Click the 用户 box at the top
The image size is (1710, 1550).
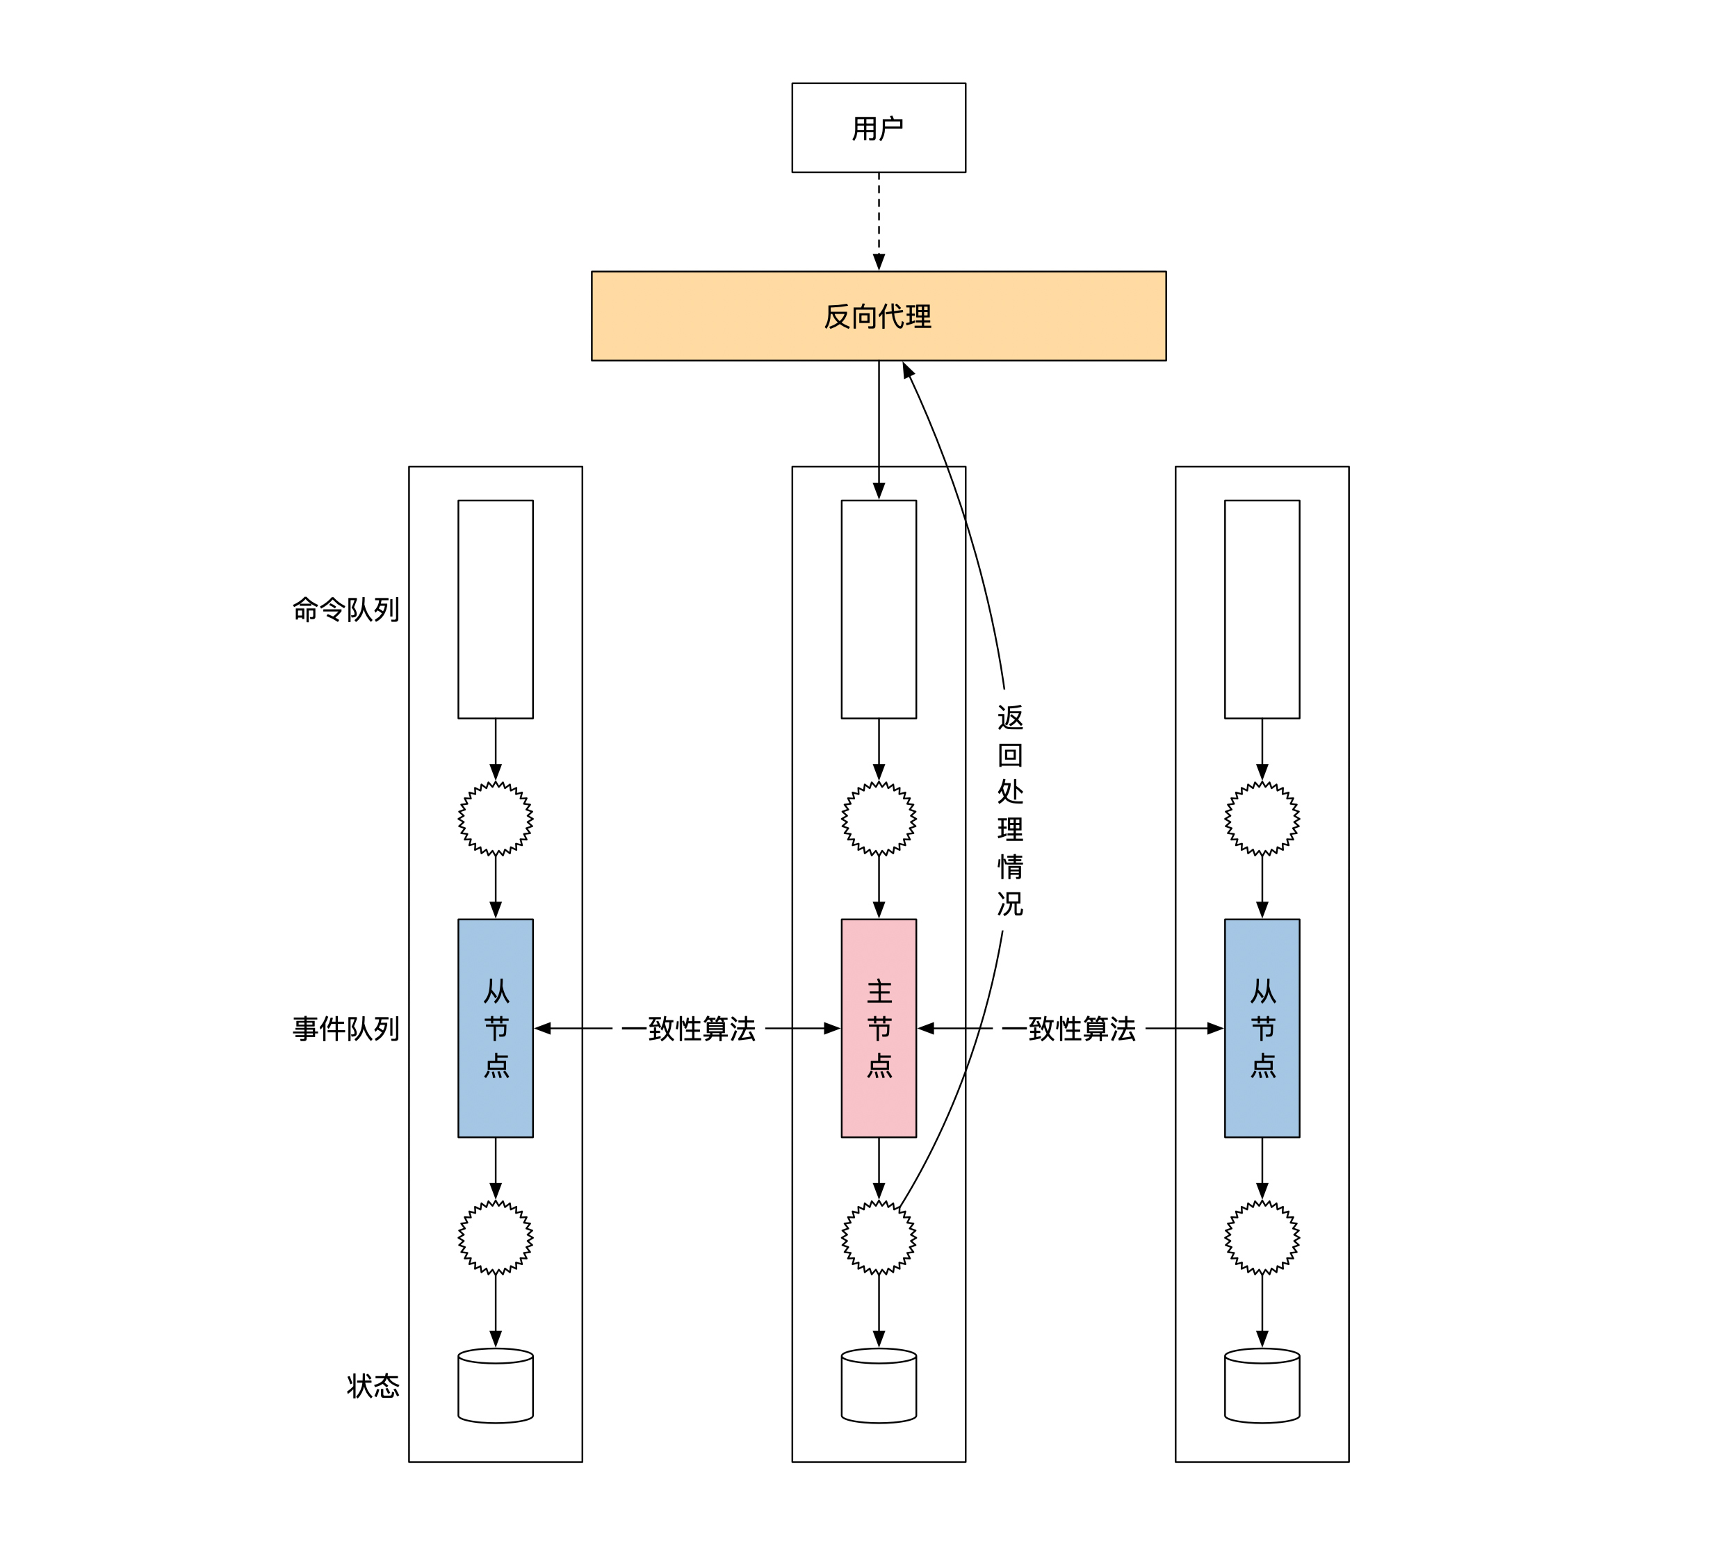click(x=878, y=128)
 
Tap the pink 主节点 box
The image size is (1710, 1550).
click(x=878, y=1028)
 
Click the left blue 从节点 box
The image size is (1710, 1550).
click(x=496, y=1028)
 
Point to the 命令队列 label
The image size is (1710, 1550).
click(x=345, y=609)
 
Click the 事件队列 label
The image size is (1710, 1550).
click(x=345, y=1029)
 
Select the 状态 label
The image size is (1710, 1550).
click(x=373, y=1385)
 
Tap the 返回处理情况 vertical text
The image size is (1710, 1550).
click(x=1009, y=810)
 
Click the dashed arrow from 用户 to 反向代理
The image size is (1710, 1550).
click(x=879, y=220)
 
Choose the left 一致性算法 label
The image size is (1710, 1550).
click(x=688, y=1029)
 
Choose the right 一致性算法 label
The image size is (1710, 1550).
click(x=1069, y=1029)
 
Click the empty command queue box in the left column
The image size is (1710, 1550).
click(x=496, y=609)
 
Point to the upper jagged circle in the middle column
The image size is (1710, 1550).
click(x=878, y=818)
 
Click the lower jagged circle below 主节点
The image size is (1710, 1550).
click(x=878, y=1237)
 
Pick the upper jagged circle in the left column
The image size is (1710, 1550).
click(x=496, y=818)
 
